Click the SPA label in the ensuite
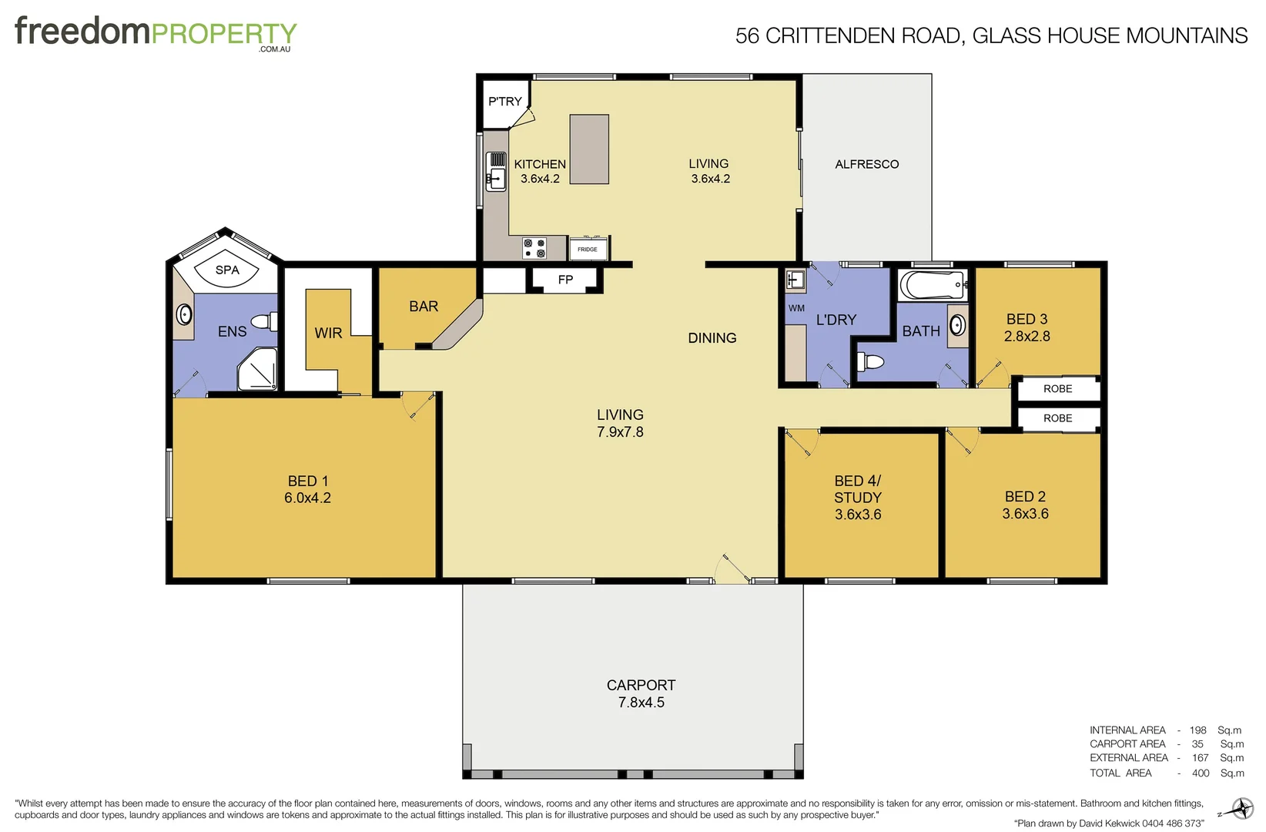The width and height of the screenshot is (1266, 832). tap(227, 270)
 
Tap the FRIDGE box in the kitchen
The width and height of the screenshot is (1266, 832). tap(588, 249)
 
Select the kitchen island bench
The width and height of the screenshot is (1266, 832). tap(589, 149)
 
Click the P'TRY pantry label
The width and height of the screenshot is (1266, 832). tap(505, 101)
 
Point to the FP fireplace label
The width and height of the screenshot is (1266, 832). tap(565, 280)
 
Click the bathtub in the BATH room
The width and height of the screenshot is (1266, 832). tap(933, 285)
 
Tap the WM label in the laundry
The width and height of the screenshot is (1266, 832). tap(796, 308)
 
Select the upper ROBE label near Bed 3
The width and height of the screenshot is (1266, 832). tap(1057, 389)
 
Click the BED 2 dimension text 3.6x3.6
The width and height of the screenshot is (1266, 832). tap(1025, 514)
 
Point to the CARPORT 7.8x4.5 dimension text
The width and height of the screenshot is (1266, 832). tap(641, 703)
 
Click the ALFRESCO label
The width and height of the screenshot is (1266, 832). tap(866, 164)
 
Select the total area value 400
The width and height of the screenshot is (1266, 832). tap(1201, 773)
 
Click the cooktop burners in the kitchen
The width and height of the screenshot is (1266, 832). tap(534, 248)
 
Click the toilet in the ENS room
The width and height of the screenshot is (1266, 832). tap(265, 321)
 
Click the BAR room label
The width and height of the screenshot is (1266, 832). tap(424, 307)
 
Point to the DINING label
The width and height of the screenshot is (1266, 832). tap(712, 338)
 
